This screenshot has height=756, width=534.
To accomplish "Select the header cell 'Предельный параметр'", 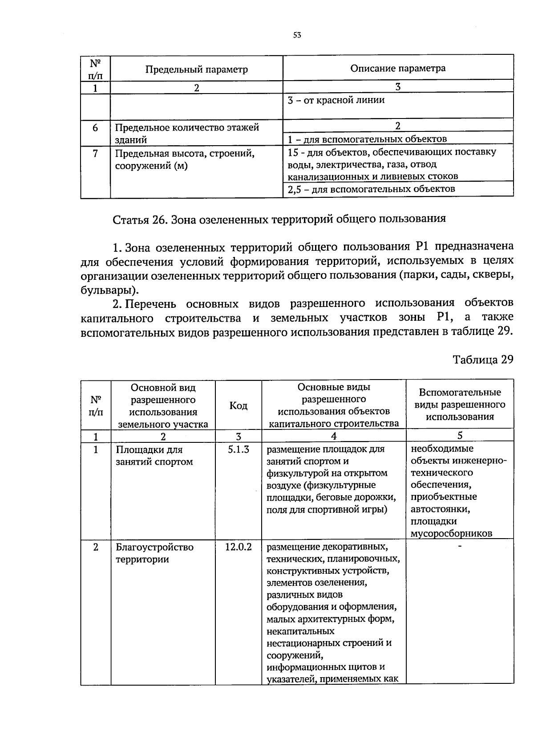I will coord(196,69).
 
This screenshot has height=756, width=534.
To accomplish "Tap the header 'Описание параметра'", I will coord(398,68).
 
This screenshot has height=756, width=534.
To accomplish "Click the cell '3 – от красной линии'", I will coord(336,100).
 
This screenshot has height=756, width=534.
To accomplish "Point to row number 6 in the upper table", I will coord(95,128).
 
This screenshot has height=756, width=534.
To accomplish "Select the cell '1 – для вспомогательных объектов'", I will coord(367,139).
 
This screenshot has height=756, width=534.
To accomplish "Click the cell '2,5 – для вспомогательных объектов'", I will coord(371,189).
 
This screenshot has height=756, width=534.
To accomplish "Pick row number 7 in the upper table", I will coord(95,154).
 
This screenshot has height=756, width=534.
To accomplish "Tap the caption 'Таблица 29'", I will coord(483,360).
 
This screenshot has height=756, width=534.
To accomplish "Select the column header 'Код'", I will coord(238,406).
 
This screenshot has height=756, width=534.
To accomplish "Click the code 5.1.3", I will coord(238,450).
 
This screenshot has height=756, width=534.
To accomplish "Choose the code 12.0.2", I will coord(238,547).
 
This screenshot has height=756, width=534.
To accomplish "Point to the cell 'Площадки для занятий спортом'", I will coord(154,456).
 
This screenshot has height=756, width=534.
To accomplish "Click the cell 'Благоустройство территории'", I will coord(154,553).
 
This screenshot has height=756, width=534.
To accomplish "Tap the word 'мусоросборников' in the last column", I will coord(451,534).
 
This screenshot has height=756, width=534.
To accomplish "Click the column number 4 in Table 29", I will coord(333,436).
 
